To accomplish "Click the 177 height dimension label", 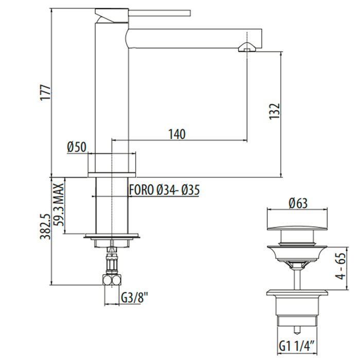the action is pos(45,93).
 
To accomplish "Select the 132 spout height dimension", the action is pos(275,112).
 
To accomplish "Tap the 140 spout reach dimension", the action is pos(177,134).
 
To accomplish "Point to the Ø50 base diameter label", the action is pos(77,147).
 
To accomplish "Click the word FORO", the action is pos(141,190).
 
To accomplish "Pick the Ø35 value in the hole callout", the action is pos(190,190).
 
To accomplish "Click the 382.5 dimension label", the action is pos(45,226).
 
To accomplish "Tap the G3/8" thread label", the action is pos(134,298).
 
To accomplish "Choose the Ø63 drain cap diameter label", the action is pos(298,203).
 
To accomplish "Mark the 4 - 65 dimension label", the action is pos(340,266).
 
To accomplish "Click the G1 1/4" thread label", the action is pos(297,347).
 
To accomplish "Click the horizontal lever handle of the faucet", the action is pos(159,13).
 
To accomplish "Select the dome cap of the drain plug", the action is pos(297,227).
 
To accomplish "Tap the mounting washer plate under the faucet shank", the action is pos(112,236).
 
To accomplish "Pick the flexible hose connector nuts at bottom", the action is pos(112,280).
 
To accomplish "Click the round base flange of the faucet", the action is pos(112,175).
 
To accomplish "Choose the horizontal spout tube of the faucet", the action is pos(194,39).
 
